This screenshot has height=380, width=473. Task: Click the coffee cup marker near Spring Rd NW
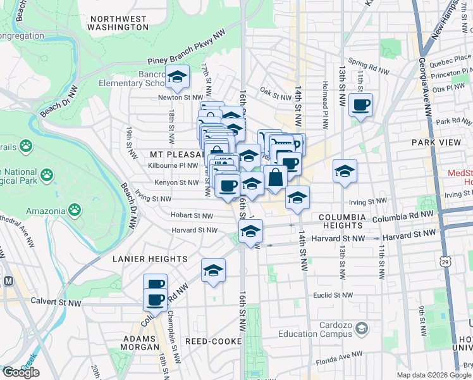coord(360,105)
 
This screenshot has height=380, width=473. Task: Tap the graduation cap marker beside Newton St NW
coord(178,77)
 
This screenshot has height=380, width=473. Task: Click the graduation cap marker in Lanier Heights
coord(214,270)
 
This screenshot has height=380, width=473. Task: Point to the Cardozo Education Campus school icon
coord(360,328)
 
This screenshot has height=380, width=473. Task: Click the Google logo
coord(21,372)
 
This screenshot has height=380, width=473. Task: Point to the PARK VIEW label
coord(436,142)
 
